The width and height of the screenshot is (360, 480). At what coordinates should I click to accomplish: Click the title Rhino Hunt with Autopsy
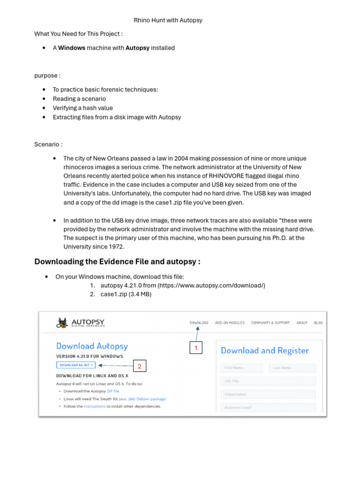point(168,20)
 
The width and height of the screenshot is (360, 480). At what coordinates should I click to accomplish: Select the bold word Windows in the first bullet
point(71,48)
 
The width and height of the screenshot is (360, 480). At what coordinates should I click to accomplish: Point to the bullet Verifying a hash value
point(82,108)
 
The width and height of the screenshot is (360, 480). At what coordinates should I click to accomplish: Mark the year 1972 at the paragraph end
point(114,247)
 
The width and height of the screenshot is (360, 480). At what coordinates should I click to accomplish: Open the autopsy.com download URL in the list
point(211,285)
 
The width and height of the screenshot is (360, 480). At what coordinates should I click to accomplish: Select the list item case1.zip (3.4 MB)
point(126,294)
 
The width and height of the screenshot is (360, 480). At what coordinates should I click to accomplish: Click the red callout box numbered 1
point(196,348)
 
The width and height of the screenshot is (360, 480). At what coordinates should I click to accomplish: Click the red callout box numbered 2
point(139,366)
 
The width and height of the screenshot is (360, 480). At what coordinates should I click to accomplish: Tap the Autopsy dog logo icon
point(62,322)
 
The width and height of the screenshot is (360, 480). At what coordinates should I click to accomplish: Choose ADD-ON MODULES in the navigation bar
point(230,322)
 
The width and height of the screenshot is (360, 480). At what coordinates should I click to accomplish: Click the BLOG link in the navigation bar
point(318,322)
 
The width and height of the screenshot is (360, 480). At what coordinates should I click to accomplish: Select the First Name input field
point(243,368)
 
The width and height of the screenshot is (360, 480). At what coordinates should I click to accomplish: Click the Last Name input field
point(292,368)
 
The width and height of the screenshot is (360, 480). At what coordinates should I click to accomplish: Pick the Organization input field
point(268,394)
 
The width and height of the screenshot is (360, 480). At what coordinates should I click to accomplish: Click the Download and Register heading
point(265,351)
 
